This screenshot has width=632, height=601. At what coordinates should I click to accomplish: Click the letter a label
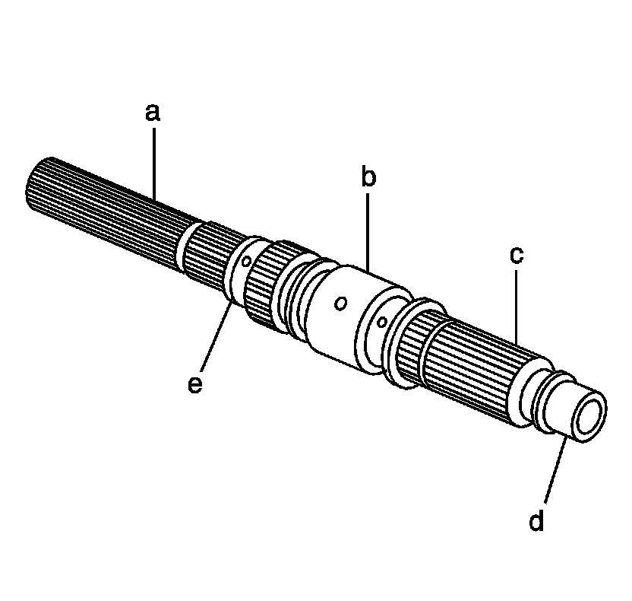click(x=153, y=113)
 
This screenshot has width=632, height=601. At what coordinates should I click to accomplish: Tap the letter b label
click(x=368, y=178)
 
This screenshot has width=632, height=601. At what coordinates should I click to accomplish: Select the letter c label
click(x=516, y=255)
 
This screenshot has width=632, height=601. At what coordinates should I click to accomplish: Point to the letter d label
click(x=536, y=522)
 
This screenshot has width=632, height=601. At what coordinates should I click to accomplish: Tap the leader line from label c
click(x=516, y=304)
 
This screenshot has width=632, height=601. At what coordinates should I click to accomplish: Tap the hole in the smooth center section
click(x=341, y=304)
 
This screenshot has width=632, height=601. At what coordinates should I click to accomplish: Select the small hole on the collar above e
click(x=246, y=261)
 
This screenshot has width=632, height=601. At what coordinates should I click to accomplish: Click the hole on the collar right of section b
click(x=383, y=322)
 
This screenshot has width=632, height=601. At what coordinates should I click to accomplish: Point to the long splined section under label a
click(x=106, y=202)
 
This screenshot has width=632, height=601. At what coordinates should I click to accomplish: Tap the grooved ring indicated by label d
click(x=549, y=405)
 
